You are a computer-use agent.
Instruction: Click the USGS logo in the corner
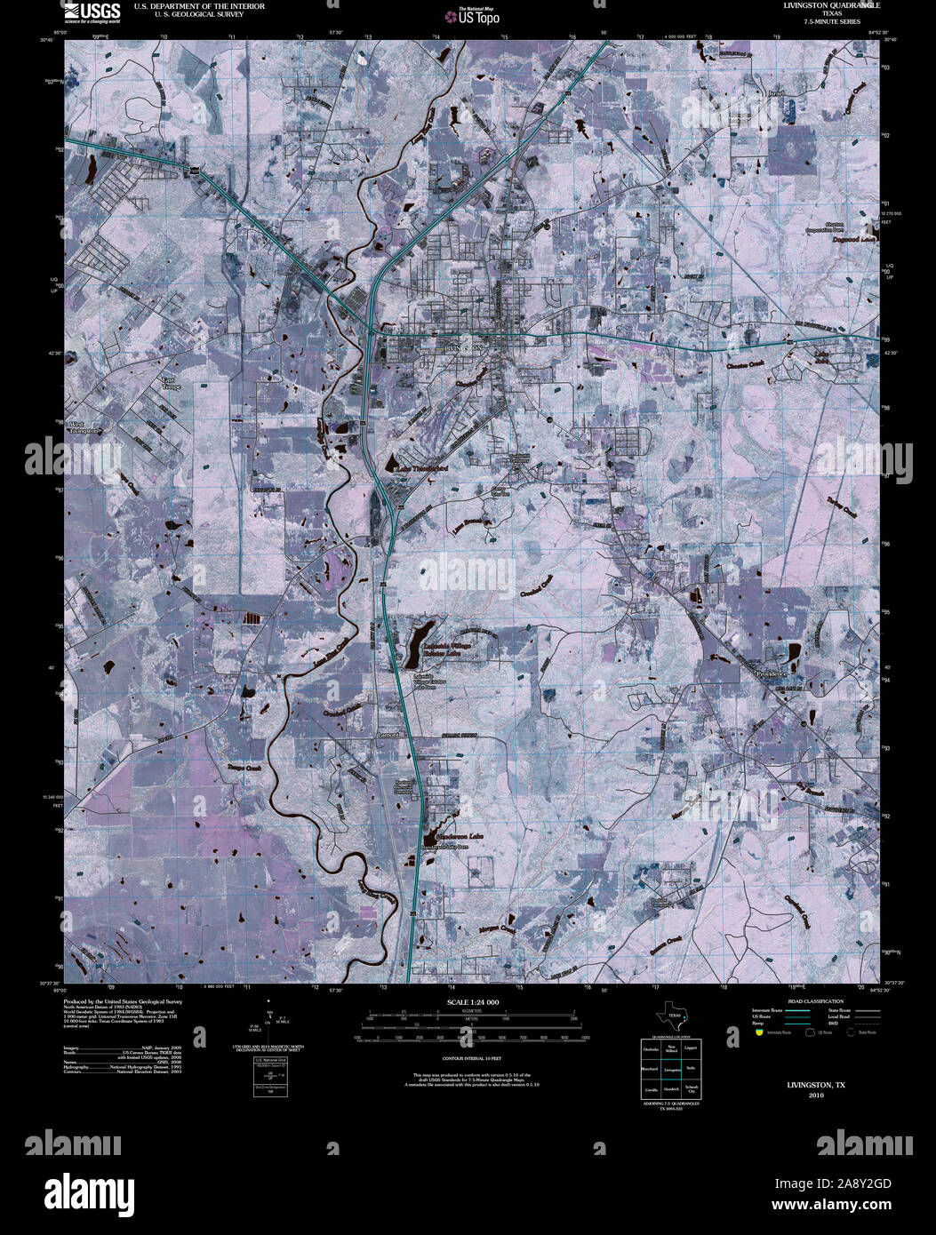pyautogui.click(x=92, y=12)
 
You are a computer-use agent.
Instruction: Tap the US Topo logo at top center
pyautogui.click(x=478, y=15)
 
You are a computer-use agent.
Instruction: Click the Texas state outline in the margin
pyautogui.click(x=671, y=1016)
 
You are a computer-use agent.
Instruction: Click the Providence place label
pyautogui.click(x=772, y=674)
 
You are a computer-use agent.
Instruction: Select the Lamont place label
pyautogui.click(x=389, y=735)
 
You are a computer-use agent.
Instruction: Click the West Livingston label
pyautogui.click(x=86, y=427)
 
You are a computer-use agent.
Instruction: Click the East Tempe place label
pyautogui.click(x=170, y=384)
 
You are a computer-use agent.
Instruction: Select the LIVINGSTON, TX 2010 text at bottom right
pyautogui.click(x=816, y=1089)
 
